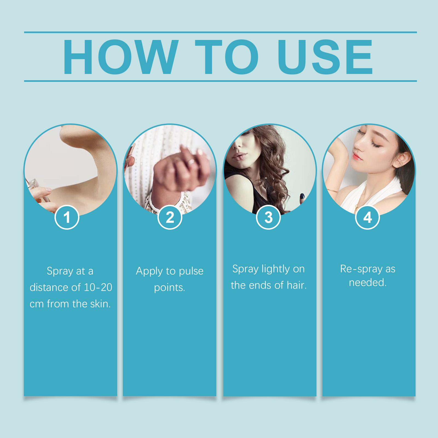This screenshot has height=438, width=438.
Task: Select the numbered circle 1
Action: pyautogui.click(x=67, y=218)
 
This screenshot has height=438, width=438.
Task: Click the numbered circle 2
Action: pyautogui.click(x=170, y=218)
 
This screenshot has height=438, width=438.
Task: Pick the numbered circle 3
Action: pyautogui.click(x=269, y=218)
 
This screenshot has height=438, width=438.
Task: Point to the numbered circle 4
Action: pyautogui.click(x=367, y=218)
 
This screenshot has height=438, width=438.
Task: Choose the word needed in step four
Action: pyautogui.click(x=368, y=283)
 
